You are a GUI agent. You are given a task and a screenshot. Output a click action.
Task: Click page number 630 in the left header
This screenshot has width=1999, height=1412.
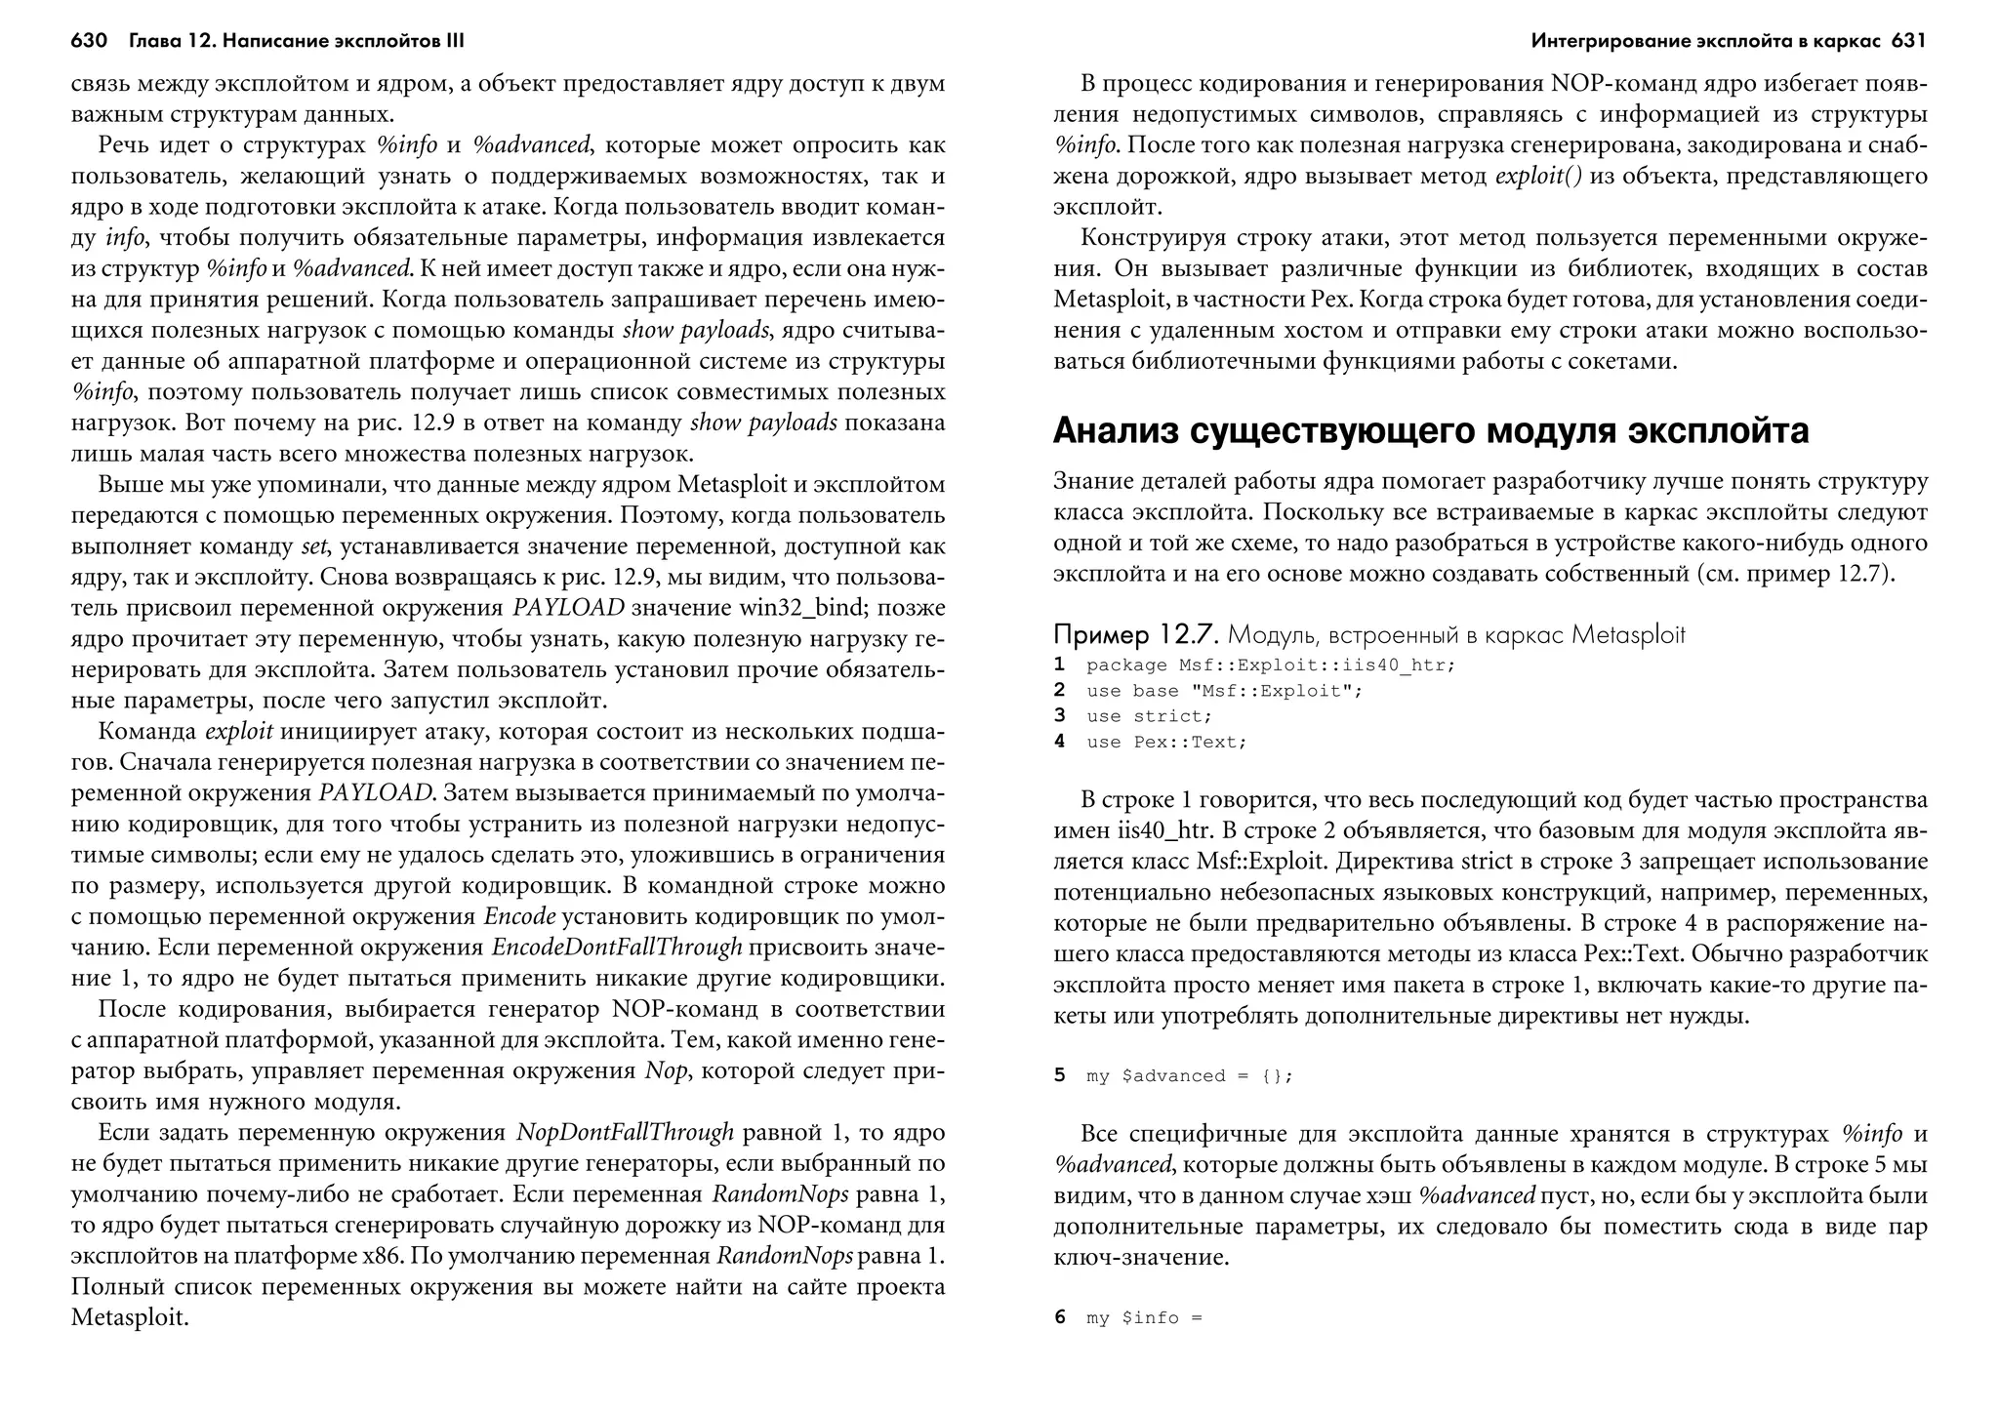[88, 41]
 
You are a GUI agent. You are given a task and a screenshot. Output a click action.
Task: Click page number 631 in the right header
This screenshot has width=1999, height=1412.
[1908, 41]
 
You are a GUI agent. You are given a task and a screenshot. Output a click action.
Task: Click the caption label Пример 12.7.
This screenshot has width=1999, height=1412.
[1135, 635]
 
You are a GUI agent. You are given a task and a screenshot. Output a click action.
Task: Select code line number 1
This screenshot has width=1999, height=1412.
[1059, 665]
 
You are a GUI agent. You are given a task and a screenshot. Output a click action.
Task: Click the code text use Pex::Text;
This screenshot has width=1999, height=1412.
[1166, 742]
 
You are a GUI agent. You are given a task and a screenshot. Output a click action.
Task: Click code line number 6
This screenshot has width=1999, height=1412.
[1059, 1317]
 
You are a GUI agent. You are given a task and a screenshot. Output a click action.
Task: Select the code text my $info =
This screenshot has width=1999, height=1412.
[1144, 1317]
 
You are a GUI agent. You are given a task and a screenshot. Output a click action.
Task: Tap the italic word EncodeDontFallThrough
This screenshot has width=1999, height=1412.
[617, 948]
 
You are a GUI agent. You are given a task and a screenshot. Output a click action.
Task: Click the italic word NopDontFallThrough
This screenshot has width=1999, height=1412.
[625, 1133]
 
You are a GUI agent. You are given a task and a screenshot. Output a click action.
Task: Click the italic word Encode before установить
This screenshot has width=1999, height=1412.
[519, 917]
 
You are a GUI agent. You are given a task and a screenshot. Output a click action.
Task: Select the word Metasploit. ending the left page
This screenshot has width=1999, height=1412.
[129, 1317]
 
